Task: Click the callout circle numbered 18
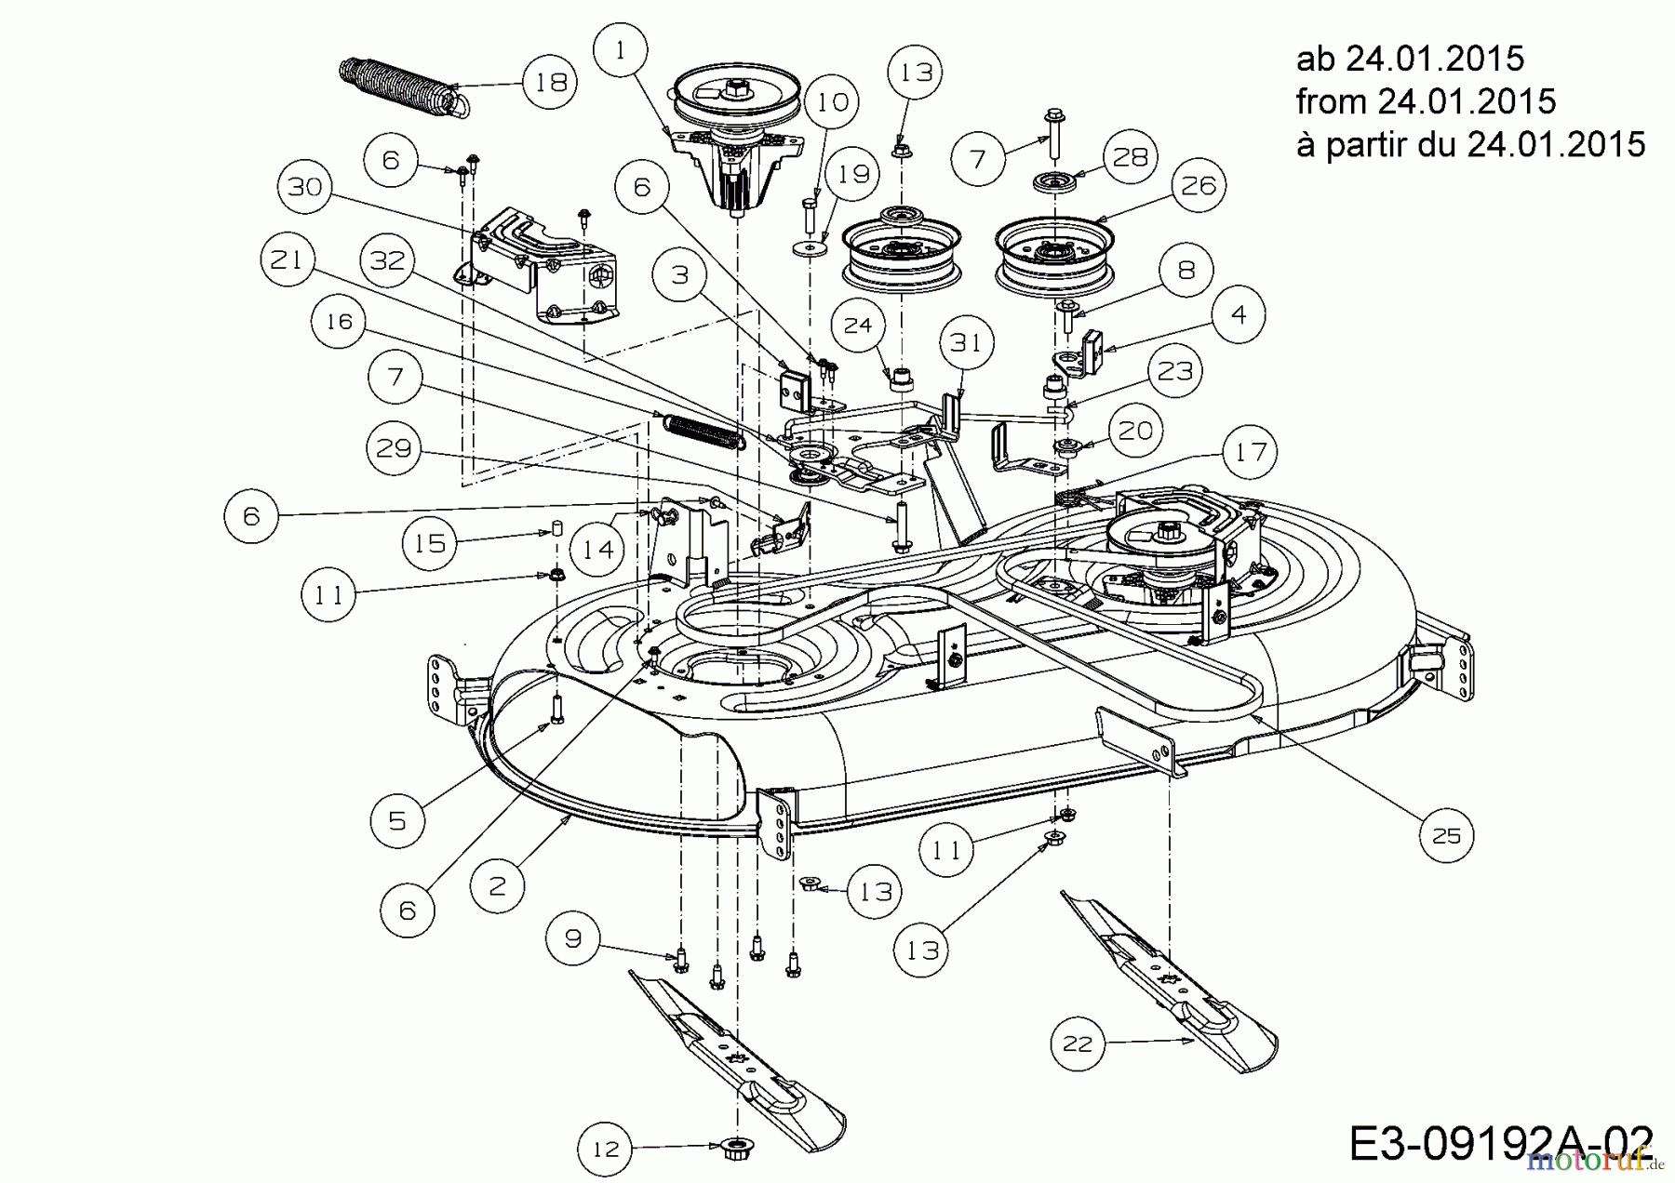point(551,82)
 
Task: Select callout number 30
point(304,187)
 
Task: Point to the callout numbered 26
point(1199,186)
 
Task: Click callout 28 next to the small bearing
point(1131,156)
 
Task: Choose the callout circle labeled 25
point(1446,836)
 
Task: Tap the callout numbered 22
point(1078,1043)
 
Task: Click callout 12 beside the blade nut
point(606,1150)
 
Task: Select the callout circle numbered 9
point(573,938)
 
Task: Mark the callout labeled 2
point(497,884)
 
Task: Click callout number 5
point(397,820)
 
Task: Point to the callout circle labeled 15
point(430,543)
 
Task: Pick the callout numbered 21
point(286,259)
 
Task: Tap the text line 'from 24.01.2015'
point(1426,100)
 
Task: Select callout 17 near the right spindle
point(1250,453)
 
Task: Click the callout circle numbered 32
point(388,259)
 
